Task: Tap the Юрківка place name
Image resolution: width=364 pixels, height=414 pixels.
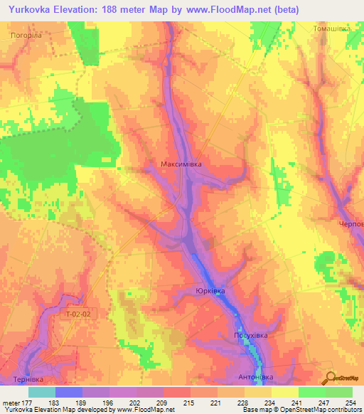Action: point(210,291)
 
